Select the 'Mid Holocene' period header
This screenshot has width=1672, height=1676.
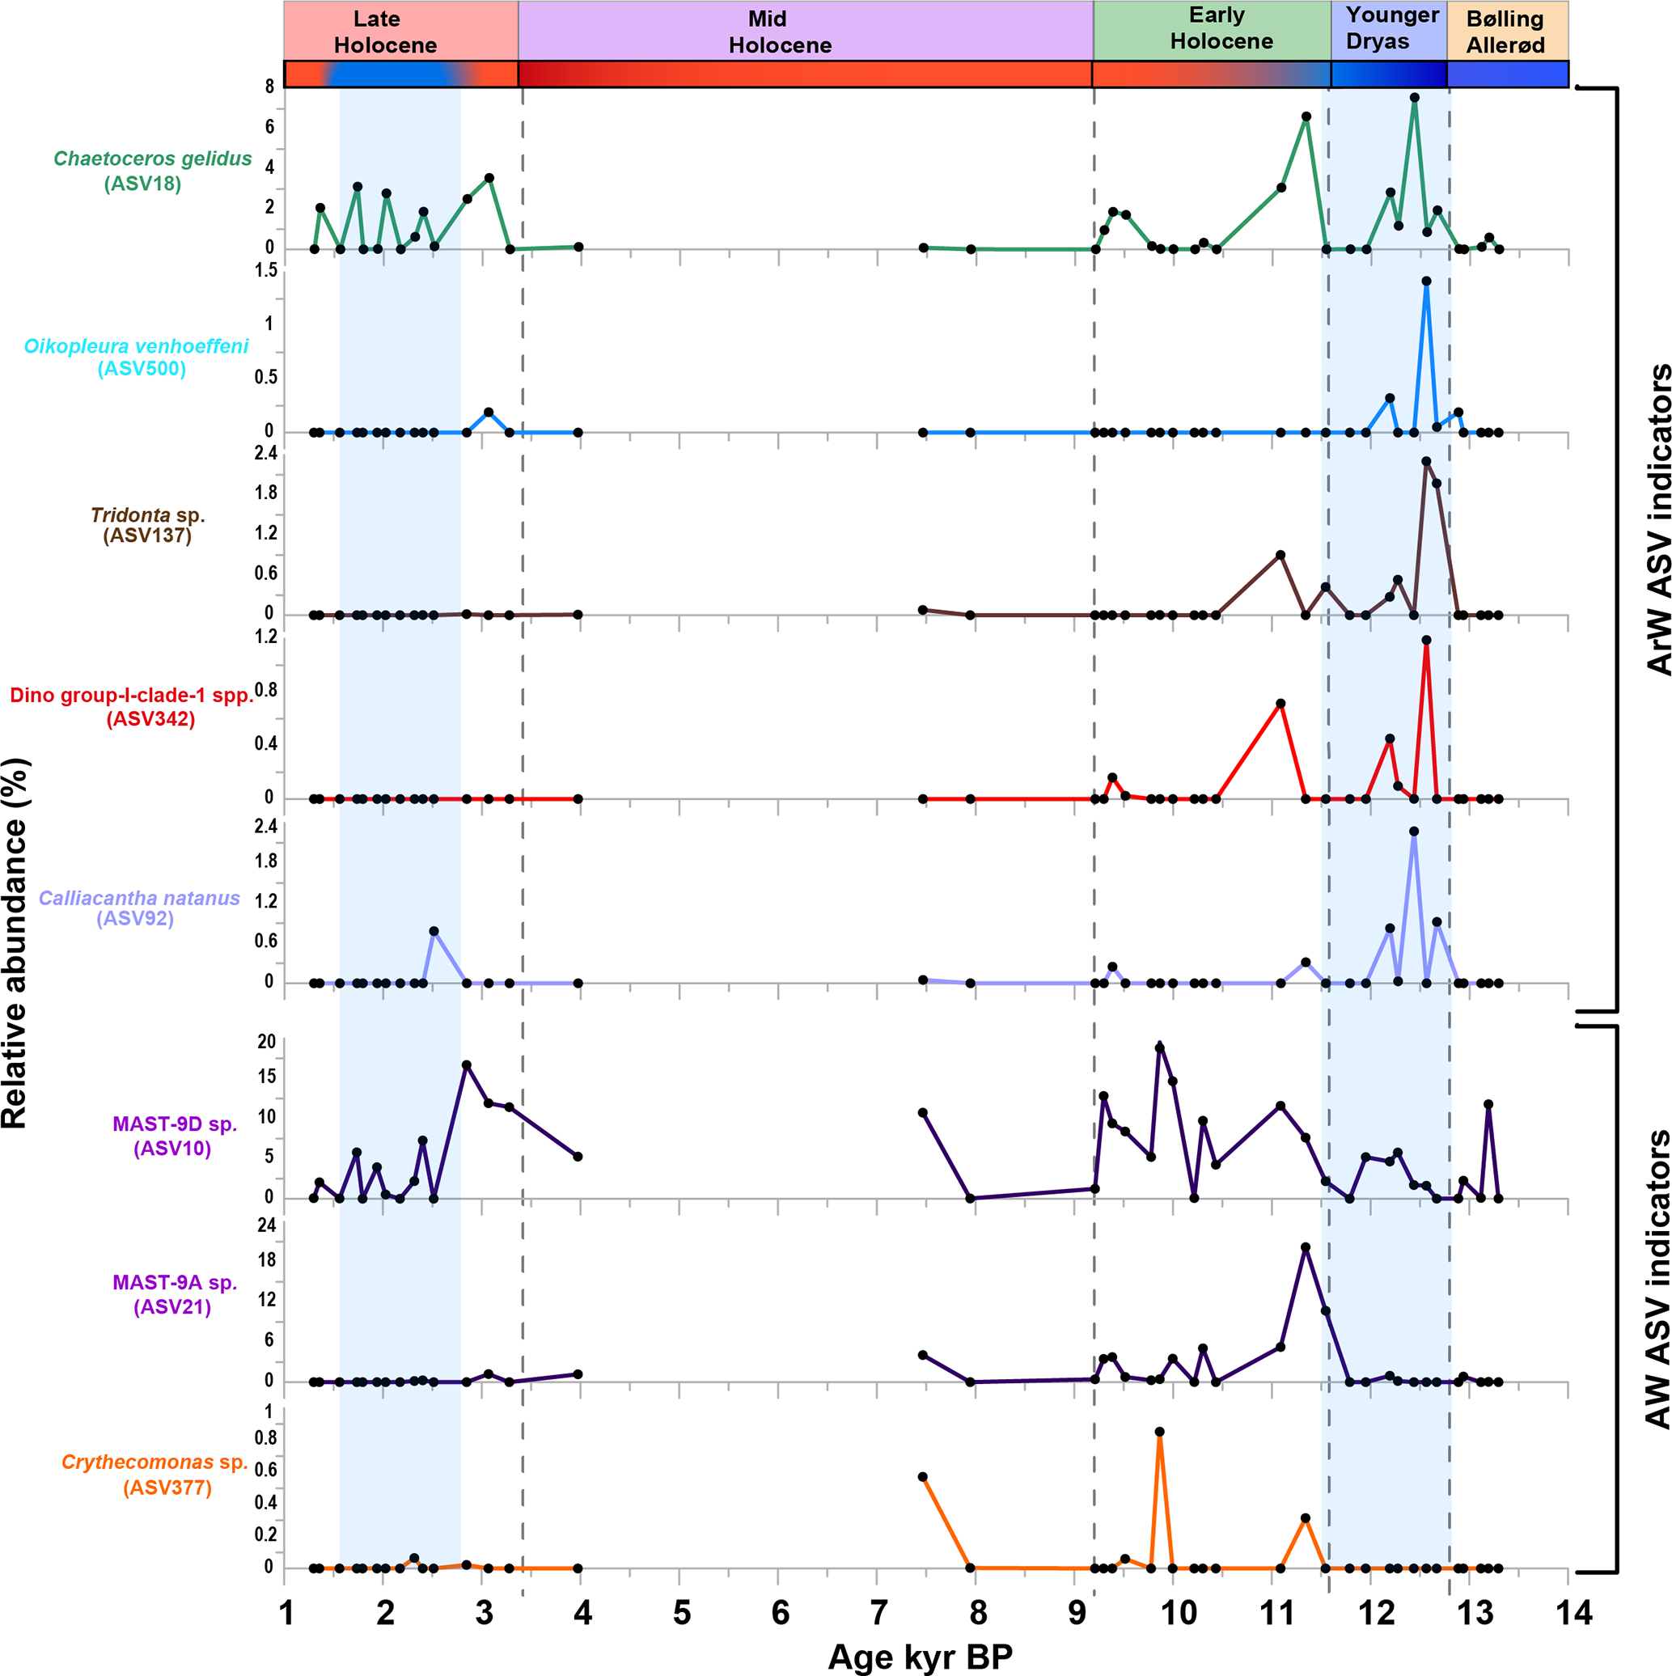point(779,32)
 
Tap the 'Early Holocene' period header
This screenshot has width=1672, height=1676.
point(1220,28)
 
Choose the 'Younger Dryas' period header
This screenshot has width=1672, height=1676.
point(1391,28)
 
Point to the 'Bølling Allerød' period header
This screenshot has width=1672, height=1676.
point(1505,32)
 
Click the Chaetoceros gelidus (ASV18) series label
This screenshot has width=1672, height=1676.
point(152,171)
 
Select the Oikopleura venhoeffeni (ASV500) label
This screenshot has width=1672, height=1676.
point(137,358)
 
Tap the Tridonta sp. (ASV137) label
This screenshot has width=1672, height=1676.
point(147,525)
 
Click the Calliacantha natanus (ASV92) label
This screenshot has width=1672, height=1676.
point(139,908)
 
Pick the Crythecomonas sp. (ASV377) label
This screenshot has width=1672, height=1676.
point(155,1475)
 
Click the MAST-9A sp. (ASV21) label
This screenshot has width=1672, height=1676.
point(174,1294)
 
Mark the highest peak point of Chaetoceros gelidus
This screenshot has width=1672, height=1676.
point(1414,97)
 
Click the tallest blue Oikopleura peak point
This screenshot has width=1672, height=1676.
point(1425,281)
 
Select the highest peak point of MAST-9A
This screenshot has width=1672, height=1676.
point(1305,1247)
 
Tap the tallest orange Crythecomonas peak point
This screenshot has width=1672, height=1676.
point(1159,1433)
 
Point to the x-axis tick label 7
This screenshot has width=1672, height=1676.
point(878,1614)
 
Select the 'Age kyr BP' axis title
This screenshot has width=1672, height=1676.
point(920,1657)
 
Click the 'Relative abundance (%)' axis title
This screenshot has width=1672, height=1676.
point(15,943)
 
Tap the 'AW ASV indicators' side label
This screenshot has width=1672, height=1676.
point(1657,1292)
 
